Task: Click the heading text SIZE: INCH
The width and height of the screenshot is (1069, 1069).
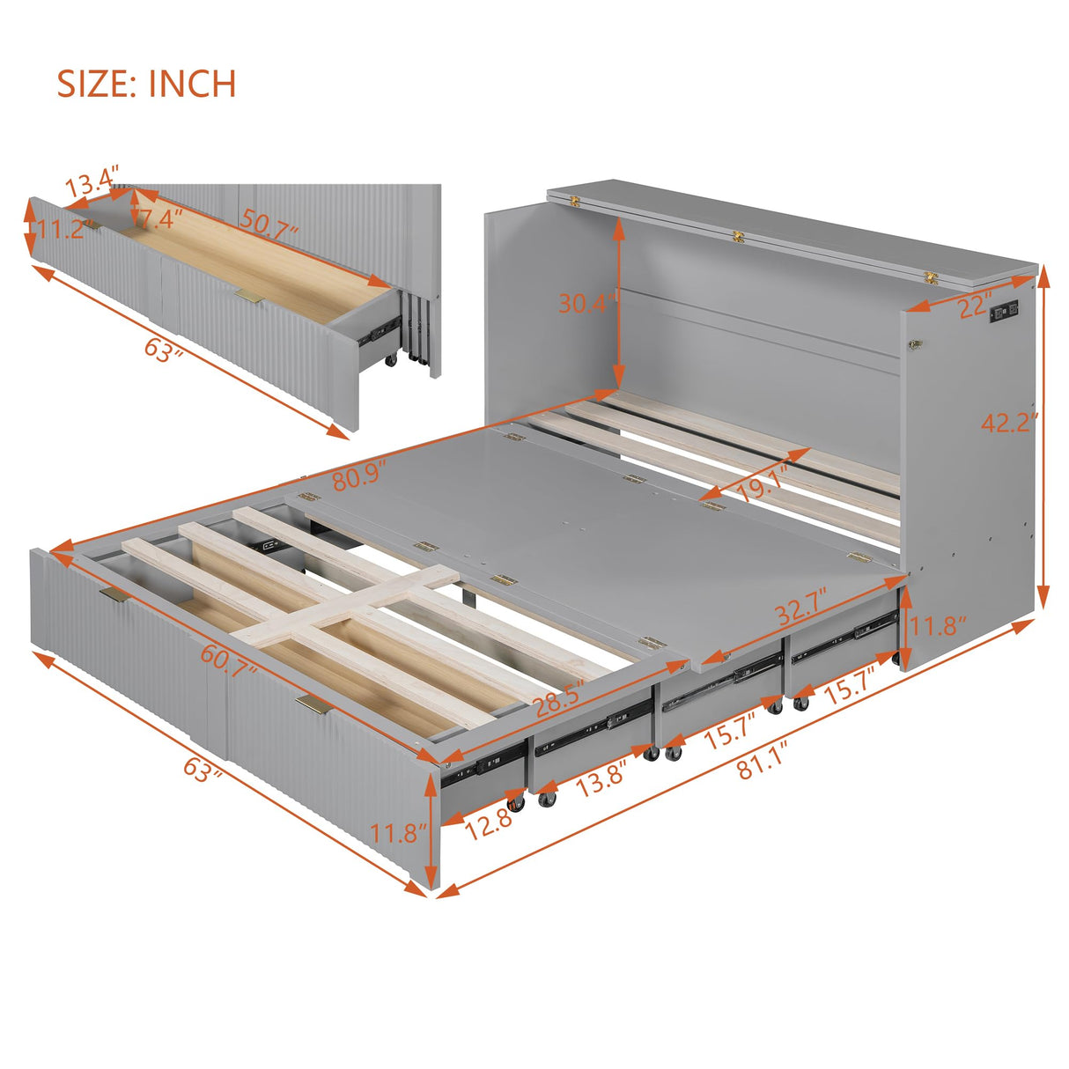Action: [x=146, y=84]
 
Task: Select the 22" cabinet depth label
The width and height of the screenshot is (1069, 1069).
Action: [x=970, y=307]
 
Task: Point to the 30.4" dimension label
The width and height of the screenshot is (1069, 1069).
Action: [x=583, y=304]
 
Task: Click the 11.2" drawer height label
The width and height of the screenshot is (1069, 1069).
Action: [x=62, y=231]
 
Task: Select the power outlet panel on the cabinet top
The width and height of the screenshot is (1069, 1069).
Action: [x=1005, y=313]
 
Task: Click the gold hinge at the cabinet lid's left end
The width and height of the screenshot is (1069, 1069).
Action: [x=576, y=201]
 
